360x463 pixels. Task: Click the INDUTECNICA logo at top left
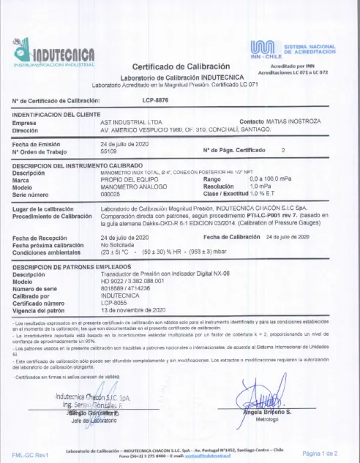coord(56,53)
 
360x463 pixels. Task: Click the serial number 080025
coord(110,194)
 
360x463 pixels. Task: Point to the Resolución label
coord(220,187)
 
